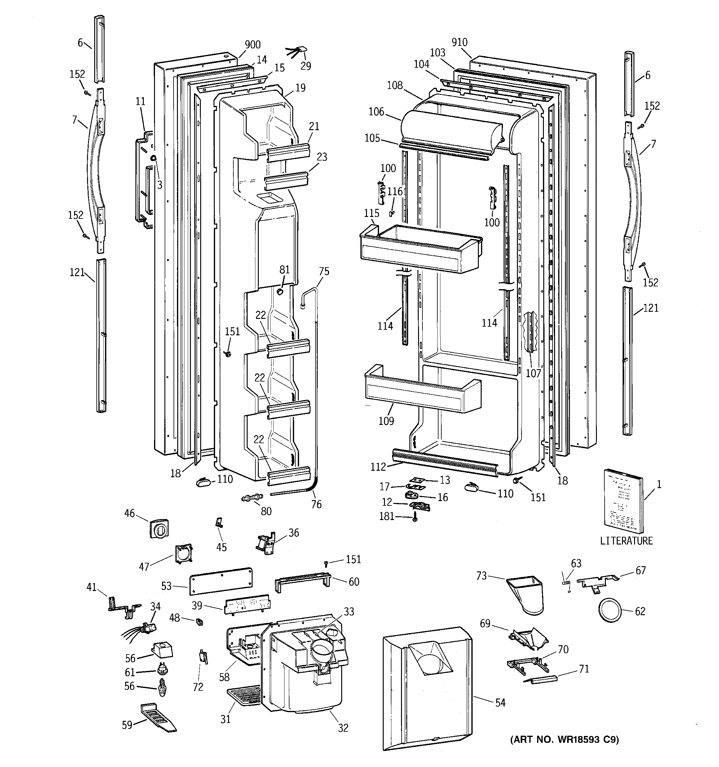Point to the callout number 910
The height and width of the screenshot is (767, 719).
[459, 42]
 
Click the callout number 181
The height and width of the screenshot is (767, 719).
[386, 516]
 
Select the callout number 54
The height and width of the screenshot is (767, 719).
[500, 703]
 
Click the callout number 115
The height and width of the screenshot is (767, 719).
[371, 213]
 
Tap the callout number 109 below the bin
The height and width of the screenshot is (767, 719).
[386, 421]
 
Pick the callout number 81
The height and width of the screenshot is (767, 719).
[285, 269]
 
